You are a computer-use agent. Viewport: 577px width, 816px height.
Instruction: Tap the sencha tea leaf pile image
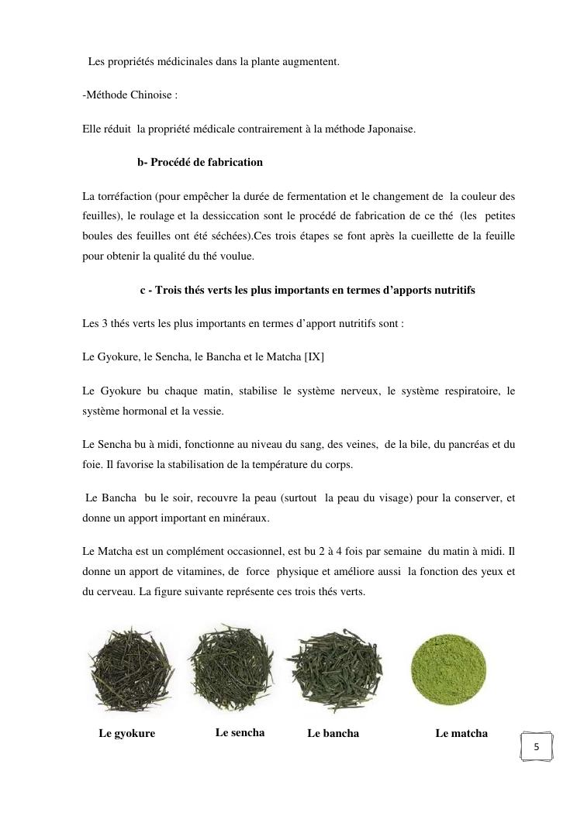230,668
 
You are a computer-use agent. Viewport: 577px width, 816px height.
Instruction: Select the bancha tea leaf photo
334,669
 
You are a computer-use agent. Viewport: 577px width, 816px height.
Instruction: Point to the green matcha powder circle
450,670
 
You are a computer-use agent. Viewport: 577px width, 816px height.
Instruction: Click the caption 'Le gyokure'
126,734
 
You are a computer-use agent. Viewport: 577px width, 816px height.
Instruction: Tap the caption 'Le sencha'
240,732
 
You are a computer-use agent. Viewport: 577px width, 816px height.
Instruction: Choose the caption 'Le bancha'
333,733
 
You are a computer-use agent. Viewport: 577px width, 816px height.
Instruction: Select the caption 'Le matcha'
461,733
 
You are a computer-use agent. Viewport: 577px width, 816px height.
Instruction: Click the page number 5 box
536,748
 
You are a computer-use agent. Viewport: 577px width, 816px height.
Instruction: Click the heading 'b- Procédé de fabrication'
200,163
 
